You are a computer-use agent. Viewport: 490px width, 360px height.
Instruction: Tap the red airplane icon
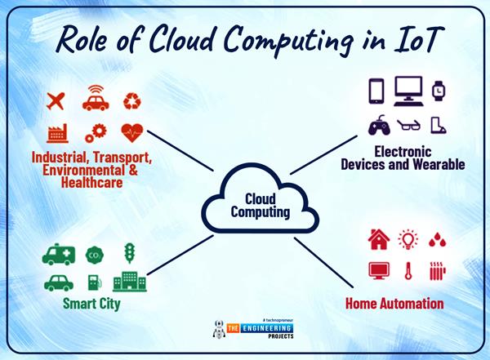pyautogui.click(x=56, y=101)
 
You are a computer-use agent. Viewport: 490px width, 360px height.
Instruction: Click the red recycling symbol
pyautogui.click(x=132, y=101)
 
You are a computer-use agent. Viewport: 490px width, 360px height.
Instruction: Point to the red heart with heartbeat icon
pyautogui.click(x=132, y=131)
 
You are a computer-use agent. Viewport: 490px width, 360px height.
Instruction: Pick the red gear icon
pyautogui.click(x=96, y=132)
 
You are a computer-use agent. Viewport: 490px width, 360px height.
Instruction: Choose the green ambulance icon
pyautogui.click(x=59, y=254)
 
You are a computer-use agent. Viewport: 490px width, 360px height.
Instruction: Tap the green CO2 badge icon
pyautogui.click(x=94, y=254)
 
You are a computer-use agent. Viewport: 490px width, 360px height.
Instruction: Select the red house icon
pyautogui.click(x=379, y=239)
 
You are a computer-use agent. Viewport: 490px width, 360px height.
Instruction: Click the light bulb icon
pyautogui.click(x=408, y=238)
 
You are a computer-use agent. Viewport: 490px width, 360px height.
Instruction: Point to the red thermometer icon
pyautogui.click(x=408, y=270)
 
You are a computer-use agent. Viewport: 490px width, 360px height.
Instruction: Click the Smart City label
pyautogui.click(x=91, y=304)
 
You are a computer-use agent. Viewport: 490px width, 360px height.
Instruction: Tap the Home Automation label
pyautogui.click(x=394, y=304)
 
